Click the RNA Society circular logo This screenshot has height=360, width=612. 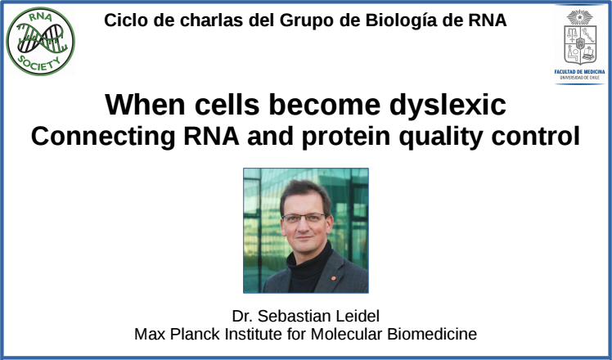coord(41,42)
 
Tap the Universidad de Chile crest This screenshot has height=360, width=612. coord(580,38)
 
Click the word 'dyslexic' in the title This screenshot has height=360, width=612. coord(448,105)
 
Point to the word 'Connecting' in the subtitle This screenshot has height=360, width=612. coord(103,137)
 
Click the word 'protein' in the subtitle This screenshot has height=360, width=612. coord(346,137)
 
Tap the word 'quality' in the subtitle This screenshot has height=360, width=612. coord(441,137)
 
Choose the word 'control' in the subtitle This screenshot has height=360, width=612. coord(535,136)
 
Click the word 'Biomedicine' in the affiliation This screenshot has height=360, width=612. coord(432,335)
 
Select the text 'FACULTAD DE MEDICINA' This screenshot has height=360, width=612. coord(579,72)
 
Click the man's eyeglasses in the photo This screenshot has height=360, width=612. coord(304,218)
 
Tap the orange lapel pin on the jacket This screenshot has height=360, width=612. coord(333,278)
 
